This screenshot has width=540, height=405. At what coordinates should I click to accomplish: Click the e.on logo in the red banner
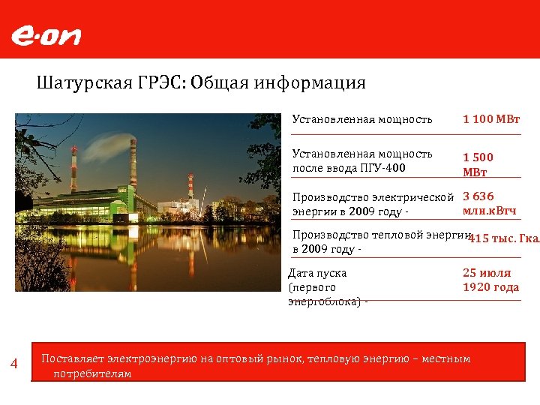click(x=46, y=36)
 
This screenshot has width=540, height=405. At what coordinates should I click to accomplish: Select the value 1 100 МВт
click(x=491, y=119)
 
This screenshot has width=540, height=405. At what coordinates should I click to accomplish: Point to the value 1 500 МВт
click(x=478, y=164)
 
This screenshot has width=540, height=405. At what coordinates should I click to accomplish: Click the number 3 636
click(x=478, y=196)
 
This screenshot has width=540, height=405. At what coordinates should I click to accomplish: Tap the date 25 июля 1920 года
click(x=490, y=280)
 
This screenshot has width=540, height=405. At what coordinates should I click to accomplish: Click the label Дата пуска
click(x=317, y=273)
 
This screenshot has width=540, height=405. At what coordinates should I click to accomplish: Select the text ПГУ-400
click(x=382, y=167)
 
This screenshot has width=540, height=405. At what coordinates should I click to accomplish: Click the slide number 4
click(x=13, y=364)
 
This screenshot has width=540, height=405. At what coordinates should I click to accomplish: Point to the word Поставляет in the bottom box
click(x=73, y=358)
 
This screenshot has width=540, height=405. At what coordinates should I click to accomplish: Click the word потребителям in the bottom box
click(x=92, y=373)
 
